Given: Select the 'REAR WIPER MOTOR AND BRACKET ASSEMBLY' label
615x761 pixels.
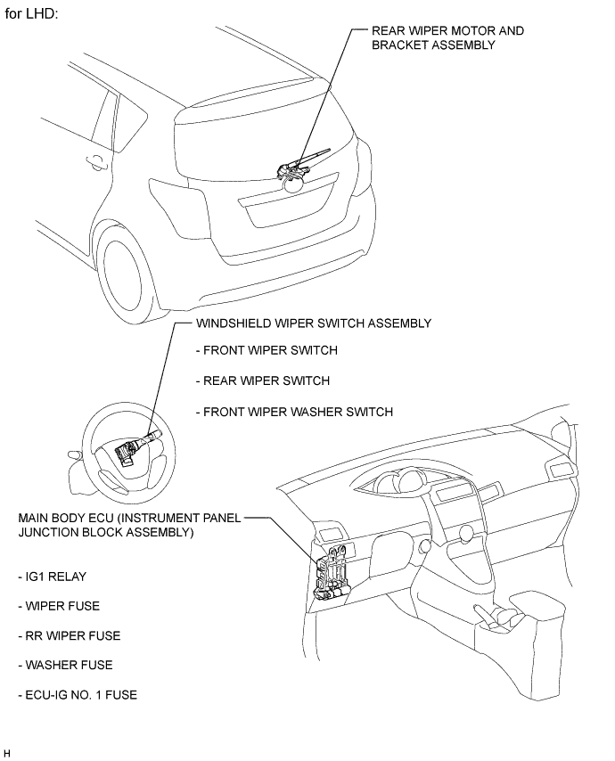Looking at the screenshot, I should point(447,37).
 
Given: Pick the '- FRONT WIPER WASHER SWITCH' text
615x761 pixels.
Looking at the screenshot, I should point(293,412).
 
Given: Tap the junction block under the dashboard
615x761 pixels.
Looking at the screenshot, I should point(334,575).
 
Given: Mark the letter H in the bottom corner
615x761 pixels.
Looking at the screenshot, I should point(7,753).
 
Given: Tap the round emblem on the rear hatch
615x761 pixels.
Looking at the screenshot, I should point(293,184).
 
